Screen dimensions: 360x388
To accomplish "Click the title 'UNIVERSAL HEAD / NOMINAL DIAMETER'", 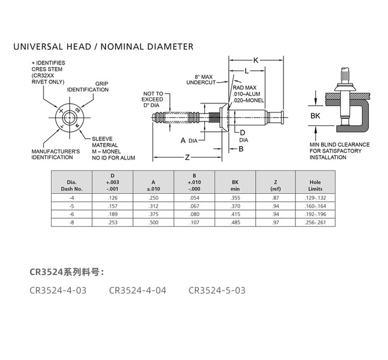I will [103, 47].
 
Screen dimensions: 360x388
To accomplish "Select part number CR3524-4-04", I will [138, 290].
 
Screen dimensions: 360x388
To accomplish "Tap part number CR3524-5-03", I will [217, 290].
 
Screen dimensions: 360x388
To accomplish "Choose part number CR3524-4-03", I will [58, 290].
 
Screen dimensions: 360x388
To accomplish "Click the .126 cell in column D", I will [112, 197].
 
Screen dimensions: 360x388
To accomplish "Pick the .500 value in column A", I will [153, 222].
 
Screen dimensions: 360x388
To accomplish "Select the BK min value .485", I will [235, 222].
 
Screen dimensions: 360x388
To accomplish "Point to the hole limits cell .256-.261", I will [315, 222].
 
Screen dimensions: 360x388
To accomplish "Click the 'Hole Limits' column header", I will [315, 185].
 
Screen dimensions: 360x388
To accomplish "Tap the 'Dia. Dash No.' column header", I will [72, 185].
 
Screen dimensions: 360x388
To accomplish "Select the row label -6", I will [72, 214].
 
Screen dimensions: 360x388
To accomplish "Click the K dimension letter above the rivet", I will [256, 61].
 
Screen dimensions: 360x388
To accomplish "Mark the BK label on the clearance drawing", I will [315, 117].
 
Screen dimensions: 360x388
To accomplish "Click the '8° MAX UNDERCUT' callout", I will [200, 79].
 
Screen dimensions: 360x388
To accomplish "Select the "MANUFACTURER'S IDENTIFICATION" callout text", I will [52, 154].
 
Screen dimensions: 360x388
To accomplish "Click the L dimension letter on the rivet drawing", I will [246, 70].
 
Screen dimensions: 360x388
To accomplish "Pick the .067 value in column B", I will [194, 206].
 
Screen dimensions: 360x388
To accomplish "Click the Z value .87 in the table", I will [276, 197].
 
